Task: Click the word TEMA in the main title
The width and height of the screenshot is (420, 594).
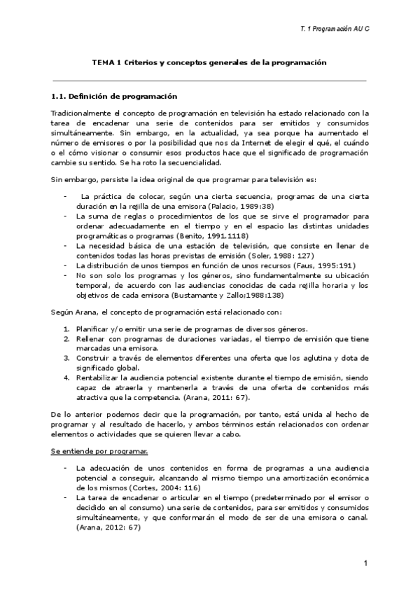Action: [x=104, y=62]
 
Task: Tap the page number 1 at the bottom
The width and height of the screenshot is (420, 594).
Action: [x=365, y=564]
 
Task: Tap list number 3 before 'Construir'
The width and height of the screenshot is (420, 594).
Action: [x=66, y=357]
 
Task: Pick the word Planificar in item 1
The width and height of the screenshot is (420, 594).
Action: [x=94, y=329]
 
